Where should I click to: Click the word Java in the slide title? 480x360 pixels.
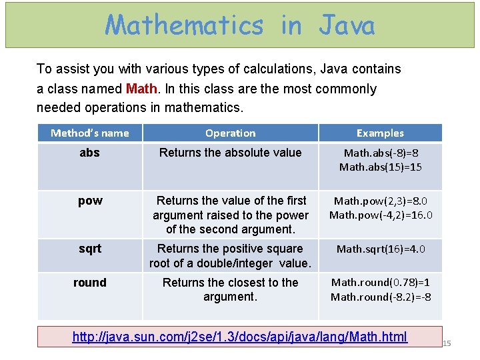pos(347,25)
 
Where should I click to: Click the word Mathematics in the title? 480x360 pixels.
pos(185,25)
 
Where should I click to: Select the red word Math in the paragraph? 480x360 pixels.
pos(140,89)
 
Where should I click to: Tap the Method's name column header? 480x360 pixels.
pos(90,133)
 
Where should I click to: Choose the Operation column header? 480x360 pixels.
pos(230,133)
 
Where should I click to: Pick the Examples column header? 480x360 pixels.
pos(380,133)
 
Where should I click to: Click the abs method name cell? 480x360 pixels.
pos(90,153)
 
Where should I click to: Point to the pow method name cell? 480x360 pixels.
pos(90,201)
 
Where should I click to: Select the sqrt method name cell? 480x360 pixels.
pos(90,249)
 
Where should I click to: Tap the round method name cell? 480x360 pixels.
pos(90,283)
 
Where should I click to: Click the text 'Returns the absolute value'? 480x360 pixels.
pos(230,153)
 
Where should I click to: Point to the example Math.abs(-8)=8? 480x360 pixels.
pos(381,153)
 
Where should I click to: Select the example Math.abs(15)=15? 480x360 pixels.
pos(381,167)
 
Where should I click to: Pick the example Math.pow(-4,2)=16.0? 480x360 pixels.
pos(381,215)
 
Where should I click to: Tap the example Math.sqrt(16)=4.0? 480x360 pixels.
pos(381,249)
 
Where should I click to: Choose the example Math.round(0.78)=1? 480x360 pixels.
pos(381,283)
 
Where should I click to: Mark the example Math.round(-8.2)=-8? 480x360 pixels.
pos(381,297)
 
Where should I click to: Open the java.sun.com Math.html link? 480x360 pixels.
pos(240,337)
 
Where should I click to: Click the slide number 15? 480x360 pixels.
pos(447,343)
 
